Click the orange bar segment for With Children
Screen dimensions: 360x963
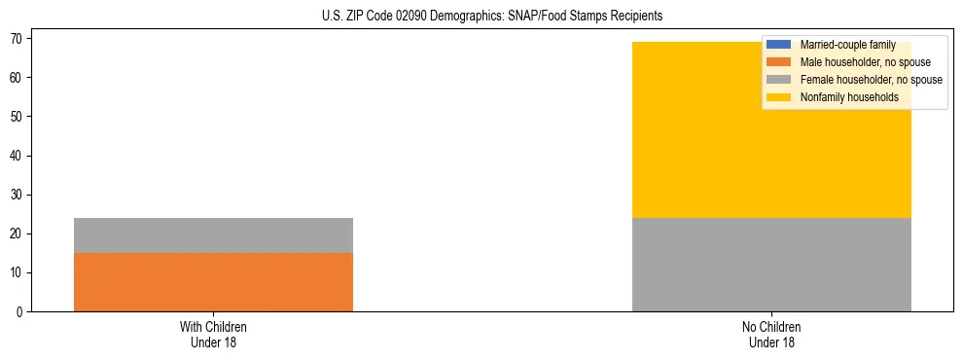coord(213,282)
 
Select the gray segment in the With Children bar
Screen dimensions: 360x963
coord(213,235)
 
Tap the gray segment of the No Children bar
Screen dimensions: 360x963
coord(771,265)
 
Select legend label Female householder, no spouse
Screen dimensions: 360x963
coord(871,80)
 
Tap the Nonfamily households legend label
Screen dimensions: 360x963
coord(842,97)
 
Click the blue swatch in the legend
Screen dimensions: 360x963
coord(779,45)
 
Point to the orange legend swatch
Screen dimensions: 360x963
coord(779,62)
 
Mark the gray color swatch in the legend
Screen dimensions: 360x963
coord(779,80)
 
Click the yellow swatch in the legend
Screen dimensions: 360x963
coord(779,97)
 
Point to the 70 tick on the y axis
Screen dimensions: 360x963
coord(17,38)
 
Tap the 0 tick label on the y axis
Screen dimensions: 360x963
coord(19,311)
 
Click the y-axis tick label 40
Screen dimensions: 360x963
coord(17,156)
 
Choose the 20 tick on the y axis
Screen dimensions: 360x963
coord(17,234)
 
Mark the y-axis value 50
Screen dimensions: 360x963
coord(17,117)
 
